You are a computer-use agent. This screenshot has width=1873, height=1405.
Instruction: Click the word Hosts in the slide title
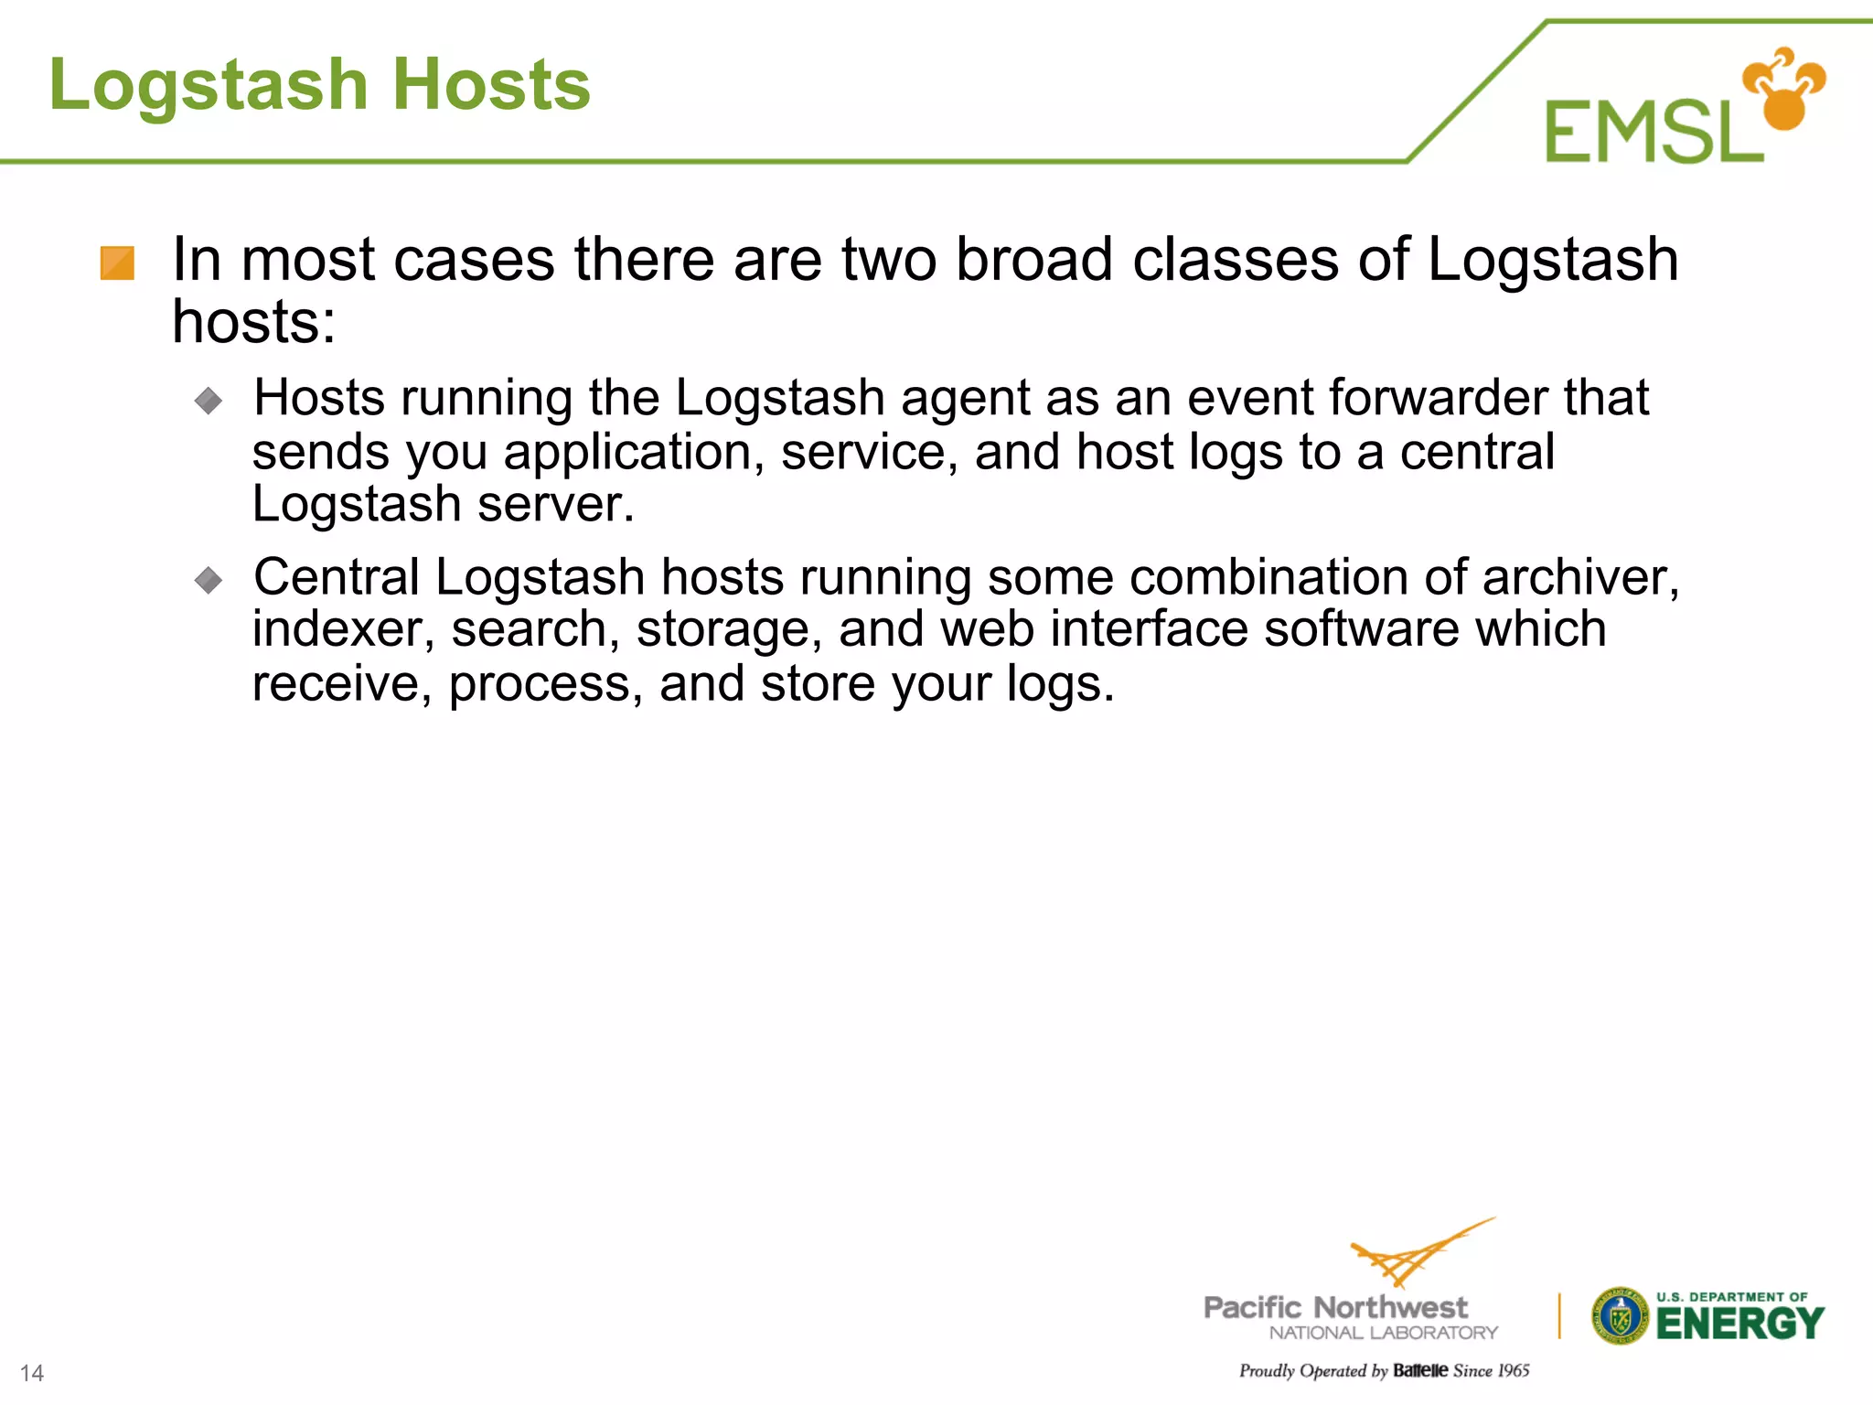[492, 85]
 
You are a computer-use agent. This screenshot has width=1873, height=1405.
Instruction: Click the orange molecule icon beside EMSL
[1783, 89]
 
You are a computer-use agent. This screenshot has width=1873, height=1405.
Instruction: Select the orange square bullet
[117, 263]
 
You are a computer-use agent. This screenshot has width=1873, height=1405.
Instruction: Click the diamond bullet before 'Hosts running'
[209, 400]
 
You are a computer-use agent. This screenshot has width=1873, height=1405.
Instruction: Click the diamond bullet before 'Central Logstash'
[209, 579]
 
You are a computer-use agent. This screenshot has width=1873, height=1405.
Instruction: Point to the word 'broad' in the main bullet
[1034, 260]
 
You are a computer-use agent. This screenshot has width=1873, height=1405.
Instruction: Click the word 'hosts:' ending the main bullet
[254, 322]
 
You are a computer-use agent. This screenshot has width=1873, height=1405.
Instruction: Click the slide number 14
[32, 1373]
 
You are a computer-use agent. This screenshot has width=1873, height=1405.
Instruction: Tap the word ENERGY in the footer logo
[1739, 1324]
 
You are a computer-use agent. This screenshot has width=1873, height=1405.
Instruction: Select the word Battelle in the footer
[1420, 1370]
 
